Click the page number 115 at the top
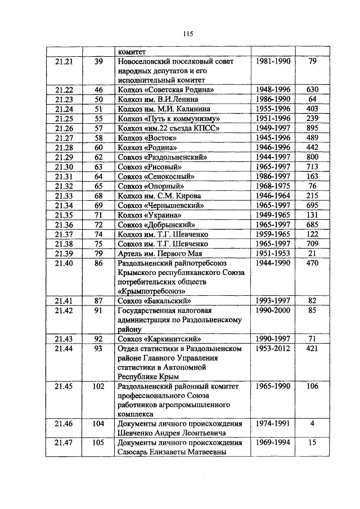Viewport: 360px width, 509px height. (188, 34)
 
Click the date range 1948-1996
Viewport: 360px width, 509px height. (272, 90)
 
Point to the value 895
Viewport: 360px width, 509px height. (312, 128)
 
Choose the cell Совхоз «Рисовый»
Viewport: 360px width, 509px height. (148, 167)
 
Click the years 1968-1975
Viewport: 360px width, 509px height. (272, 186)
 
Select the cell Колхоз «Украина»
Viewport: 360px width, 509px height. (150, 215)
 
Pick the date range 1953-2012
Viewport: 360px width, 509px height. (272, 349)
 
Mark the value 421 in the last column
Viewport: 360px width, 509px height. (312, 349)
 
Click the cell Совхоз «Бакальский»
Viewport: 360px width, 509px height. (152, 301)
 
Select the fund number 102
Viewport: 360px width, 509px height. (98, 386)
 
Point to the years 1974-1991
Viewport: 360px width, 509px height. (272, 424)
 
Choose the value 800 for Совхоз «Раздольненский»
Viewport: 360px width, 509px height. (312, 157)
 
